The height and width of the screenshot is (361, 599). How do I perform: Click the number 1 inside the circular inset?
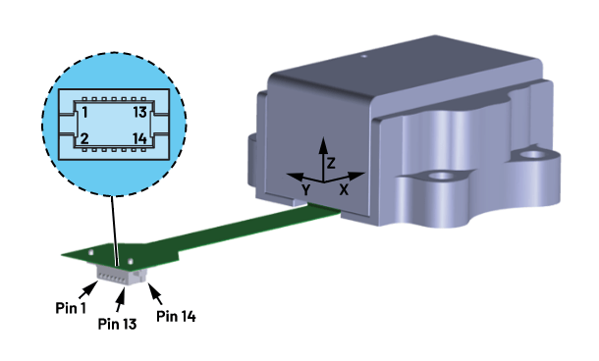(86, 113)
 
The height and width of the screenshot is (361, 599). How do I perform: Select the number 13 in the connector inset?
(138, 113)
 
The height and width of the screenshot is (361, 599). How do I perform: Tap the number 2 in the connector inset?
(86, 138)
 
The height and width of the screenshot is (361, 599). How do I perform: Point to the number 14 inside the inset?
(138, 138)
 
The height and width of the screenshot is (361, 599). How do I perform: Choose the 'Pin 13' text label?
(118, 321)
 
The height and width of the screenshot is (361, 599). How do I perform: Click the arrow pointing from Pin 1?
(90, 288)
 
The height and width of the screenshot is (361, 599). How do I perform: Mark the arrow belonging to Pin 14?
(154, 291)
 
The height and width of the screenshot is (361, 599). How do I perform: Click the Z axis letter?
(332, 162)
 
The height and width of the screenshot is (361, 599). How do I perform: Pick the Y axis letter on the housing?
(305, 187)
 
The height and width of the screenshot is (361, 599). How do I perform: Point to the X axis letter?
(344, 188)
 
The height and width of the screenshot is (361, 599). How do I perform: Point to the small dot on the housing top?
(362, 58)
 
